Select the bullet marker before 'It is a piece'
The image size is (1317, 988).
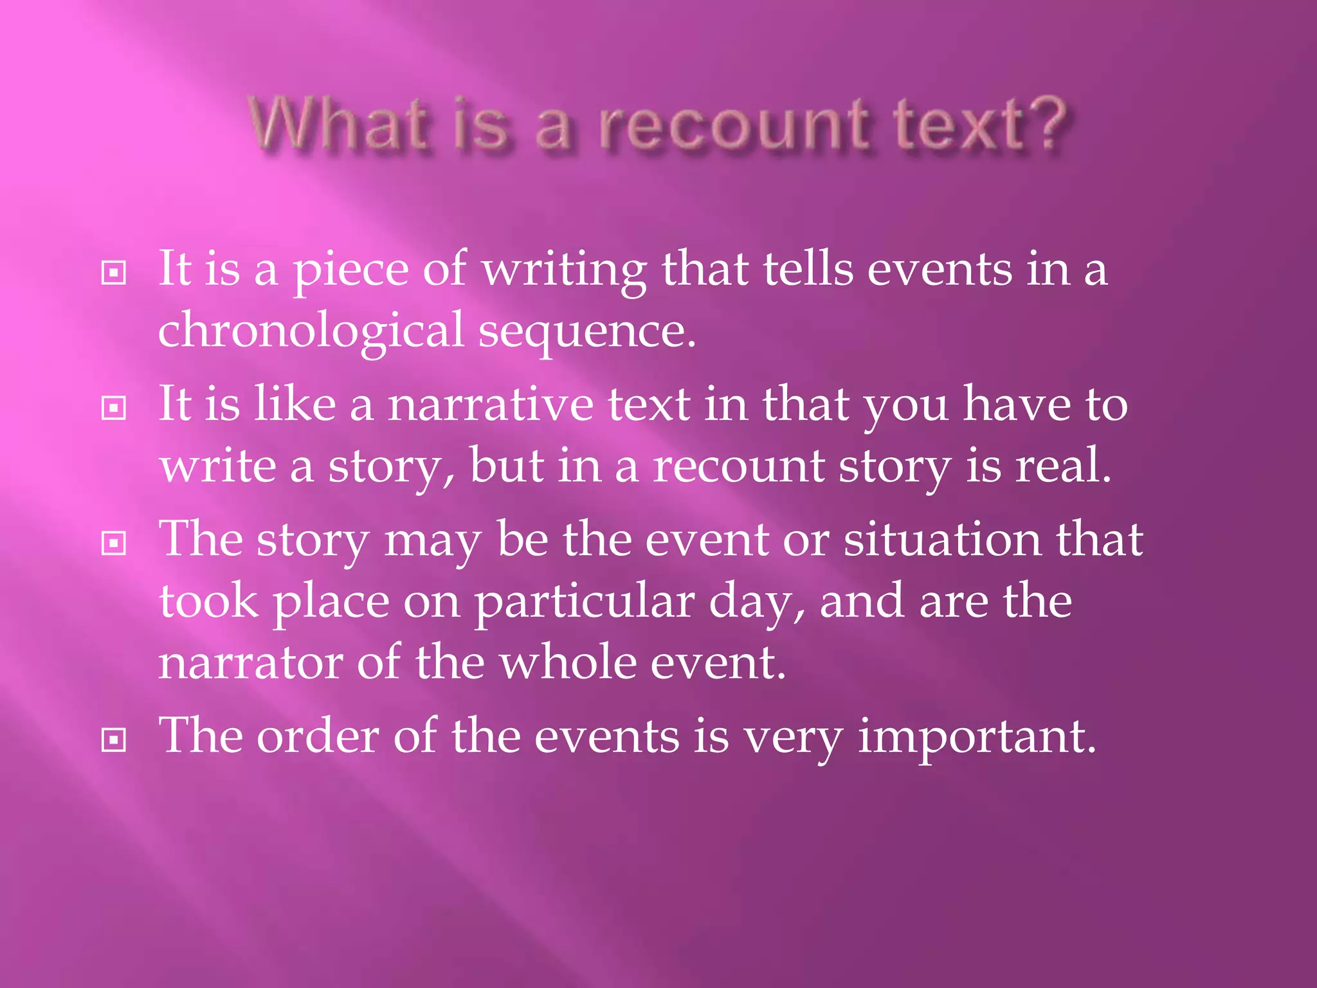tap(114, 273)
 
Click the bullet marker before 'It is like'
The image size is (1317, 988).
tap(114, 408)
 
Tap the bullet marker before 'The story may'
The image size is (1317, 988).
tap(114, 544)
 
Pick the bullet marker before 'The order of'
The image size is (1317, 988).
tap(114, 740)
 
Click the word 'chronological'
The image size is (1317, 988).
tap(311, 331)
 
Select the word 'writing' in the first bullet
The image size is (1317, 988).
tap(564, 271)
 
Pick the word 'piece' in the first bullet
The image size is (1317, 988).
tap(351, 271)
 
